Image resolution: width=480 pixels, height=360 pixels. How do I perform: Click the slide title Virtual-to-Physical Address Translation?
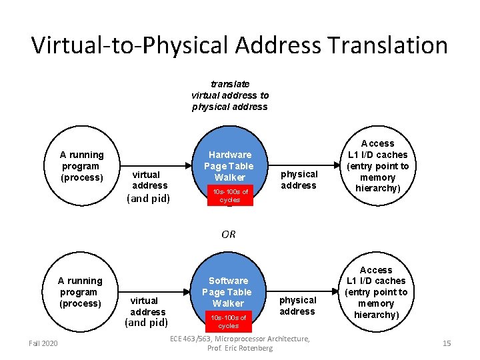click(x=239, y=45)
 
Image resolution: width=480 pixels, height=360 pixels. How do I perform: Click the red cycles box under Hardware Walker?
click(x=229, y=195)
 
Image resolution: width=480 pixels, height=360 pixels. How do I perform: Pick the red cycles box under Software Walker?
click(x=228, y=321)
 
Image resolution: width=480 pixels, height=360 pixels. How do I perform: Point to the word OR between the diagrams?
click(x=229, y=234)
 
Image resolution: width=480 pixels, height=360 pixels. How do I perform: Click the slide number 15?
click(x=447, y=343)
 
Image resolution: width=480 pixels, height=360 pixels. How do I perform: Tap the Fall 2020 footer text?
click(x=43, y=343)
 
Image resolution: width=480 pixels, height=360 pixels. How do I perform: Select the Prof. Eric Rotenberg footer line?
click(x=239, y=348)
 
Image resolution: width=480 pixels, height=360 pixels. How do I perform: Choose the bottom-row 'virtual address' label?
click(x=147, y=306)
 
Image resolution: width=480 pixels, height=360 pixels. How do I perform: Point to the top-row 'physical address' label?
click(x=299, y=179)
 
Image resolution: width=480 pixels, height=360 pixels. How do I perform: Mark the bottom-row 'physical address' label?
click(x=297, y=306)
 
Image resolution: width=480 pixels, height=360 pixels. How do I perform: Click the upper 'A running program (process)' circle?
click(x=82, y=166)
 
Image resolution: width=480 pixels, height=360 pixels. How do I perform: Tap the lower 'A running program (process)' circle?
click(x=80, y=292)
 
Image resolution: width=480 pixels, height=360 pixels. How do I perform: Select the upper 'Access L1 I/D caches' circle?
click(x=377, y=166)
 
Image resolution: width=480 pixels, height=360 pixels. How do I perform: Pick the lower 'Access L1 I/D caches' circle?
click(x=376, y=292)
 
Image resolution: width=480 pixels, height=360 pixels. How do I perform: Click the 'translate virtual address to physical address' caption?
click(x=229, y=95)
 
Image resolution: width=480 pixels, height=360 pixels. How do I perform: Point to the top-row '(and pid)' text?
click(x=148, y=198)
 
